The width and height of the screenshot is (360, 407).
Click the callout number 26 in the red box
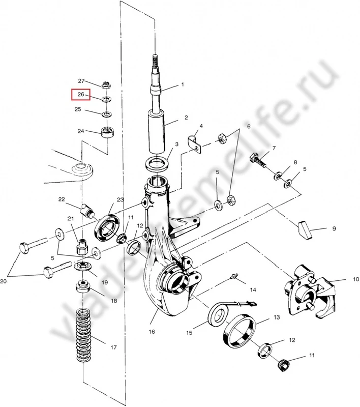(x=80, y=95)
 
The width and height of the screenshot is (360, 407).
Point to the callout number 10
(x=342, y=279)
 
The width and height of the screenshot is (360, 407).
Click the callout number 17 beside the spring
(x=114, y=348)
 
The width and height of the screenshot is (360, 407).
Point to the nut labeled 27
(x=107, y=85)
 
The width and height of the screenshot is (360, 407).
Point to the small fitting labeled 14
(x=234, y=277)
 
